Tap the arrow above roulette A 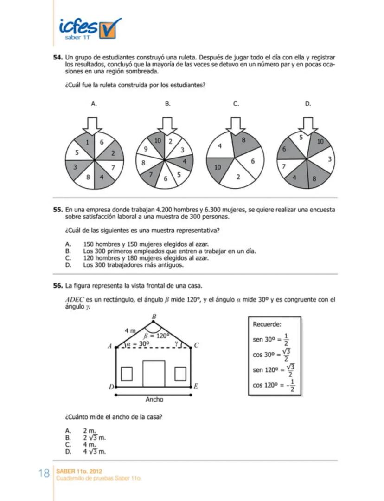[94, 125]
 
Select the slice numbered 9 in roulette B [146, 150]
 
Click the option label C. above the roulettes [236, 104]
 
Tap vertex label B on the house [154, 316]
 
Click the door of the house [154, 373]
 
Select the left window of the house [127, 373]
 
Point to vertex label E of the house [196, 386]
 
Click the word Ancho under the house [154, 399]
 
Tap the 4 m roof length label [130, 330]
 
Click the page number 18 [44, 474]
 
